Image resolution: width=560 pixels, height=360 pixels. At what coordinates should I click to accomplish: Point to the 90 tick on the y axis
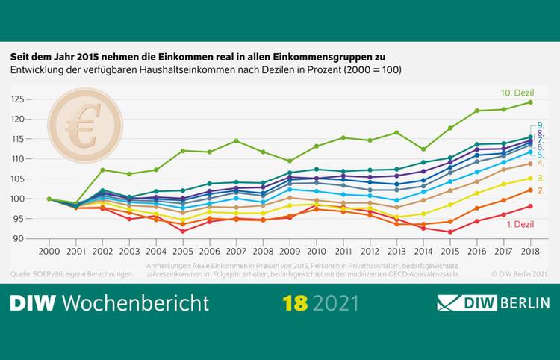20,239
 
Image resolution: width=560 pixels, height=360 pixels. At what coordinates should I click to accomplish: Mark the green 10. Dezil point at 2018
529,102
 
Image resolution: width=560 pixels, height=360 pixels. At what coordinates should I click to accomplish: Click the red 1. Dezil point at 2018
529,206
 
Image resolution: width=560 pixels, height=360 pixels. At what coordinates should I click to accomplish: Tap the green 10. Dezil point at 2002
103,170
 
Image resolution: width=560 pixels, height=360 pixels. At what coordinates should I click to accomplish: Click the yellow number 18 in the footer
296,303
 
